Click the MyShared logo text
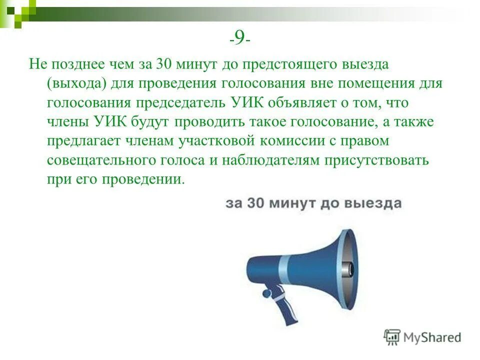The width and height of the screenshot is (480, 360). pyautogui.click(x=432, y=337)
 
